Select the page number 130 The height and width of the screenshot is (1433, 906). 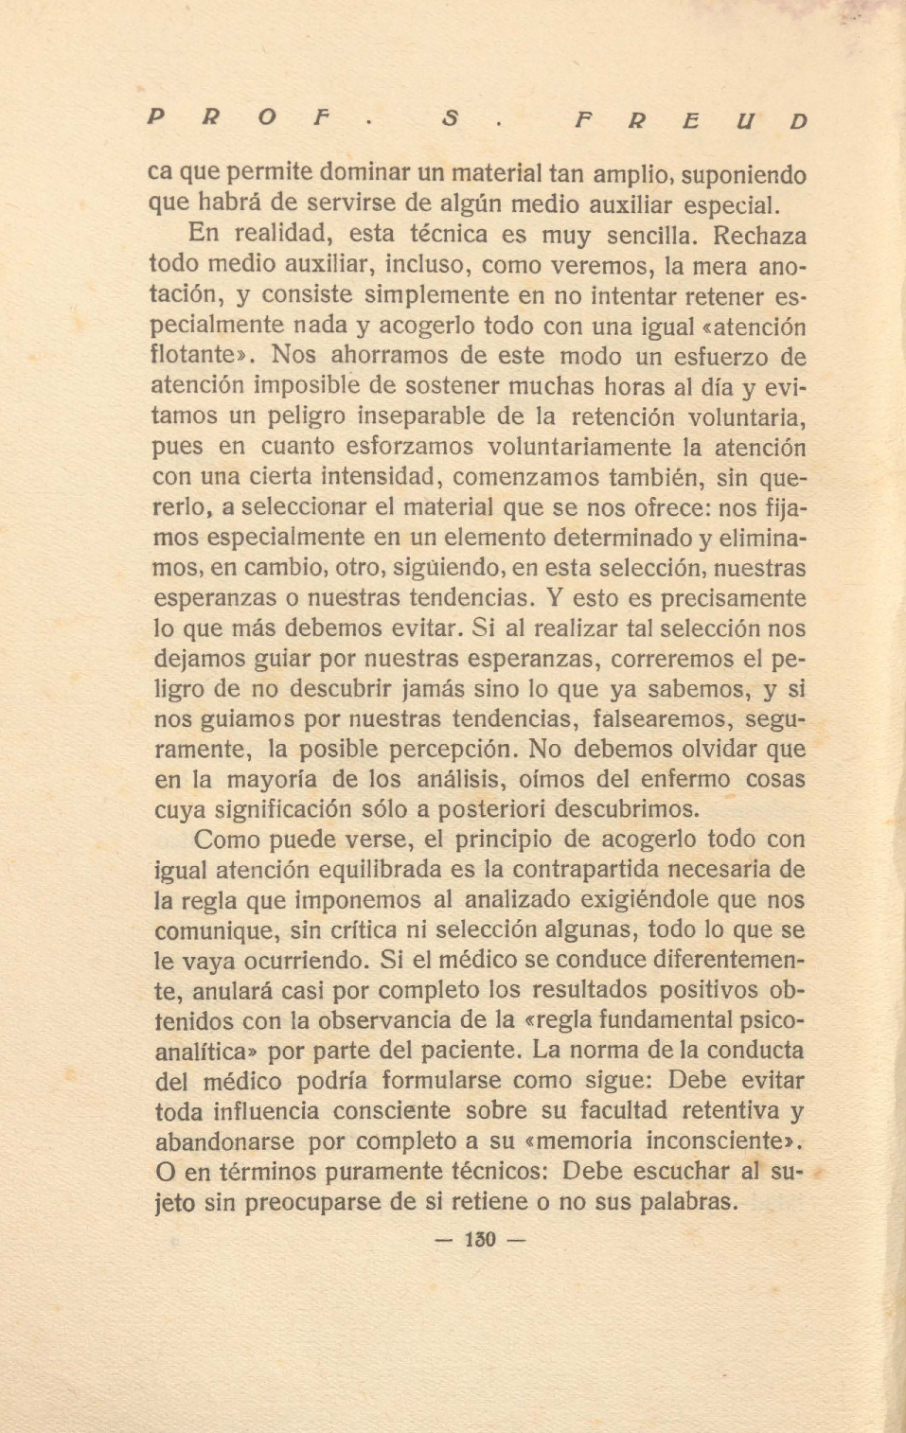(481, 1239)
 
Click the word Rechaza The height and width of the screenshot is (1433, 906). (760, 234)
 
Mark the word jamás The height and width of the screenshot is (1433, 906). (457, 688)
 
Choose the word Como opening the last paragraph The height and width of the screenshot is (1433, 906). (227, 840)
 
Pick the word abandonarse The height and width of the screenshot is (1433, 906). (224, 1141)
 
